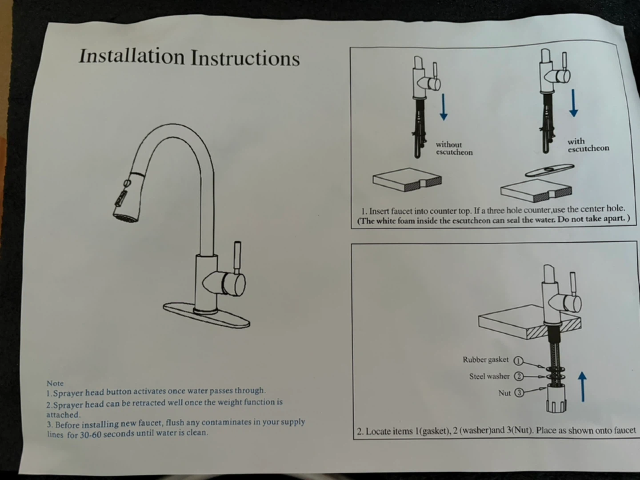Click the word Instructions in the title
coord(245,58)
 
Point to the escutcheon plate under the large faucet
coord(206,316)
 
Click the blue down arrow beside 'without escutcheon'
coord(444,107)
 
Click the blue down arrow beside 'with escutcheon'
coord(573,103)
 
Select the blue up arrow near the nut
coord(582,387)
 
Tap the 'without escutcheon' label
coord(454,148)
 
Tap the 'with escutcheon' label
coord(588,145)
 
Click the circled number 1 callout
coord(518,361)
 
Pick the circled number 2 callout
coord(519,376)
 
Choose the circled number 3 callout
coord(519,393)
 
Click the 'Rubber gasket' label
coord(485,360)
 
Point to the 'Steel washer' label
coord(489,376)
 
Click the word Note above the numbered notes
coord(55,383)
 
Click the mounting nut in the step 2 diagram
coord(556,398)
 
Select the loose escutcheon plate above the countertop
coord(550,170)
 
